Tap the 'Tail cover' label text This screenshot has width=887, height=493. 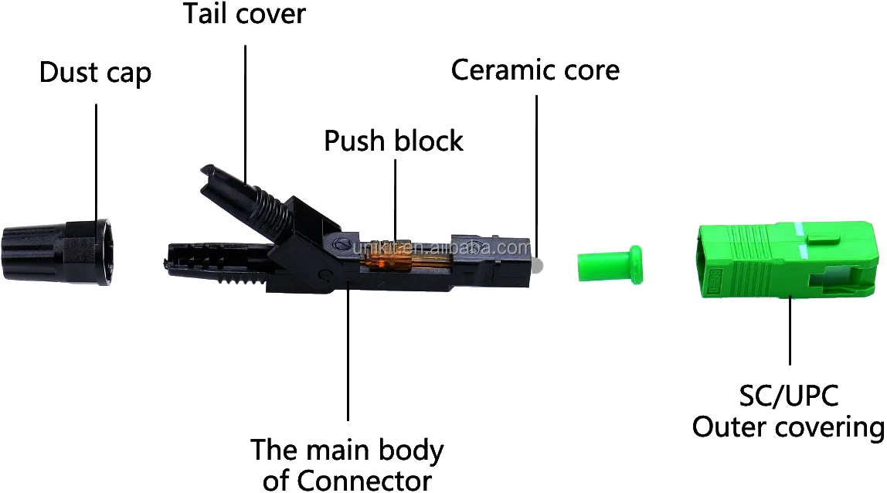pyautogui.click(x=244, y=13)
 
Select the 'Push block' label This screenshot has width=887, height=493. pyautogui.click(x=393, y=141)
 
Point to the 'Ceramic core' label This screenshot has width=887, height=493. pyautogui.click(x=535, y=70)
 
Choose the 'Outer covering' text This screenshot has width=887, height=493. pyautogui.click(x=787, y=427)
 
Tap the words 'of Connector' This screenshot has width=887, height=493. pyautogui.click(x=347, y=481)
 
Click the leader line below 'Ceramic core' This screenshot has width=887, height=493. pyautogui.click(x=535, y=155)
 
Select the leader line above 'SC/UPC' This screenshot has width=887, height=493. pyautogui.click(x=788, y=340)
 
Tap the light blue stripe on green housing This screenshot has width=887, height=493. pyautogui.click(x=804, y=240)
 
